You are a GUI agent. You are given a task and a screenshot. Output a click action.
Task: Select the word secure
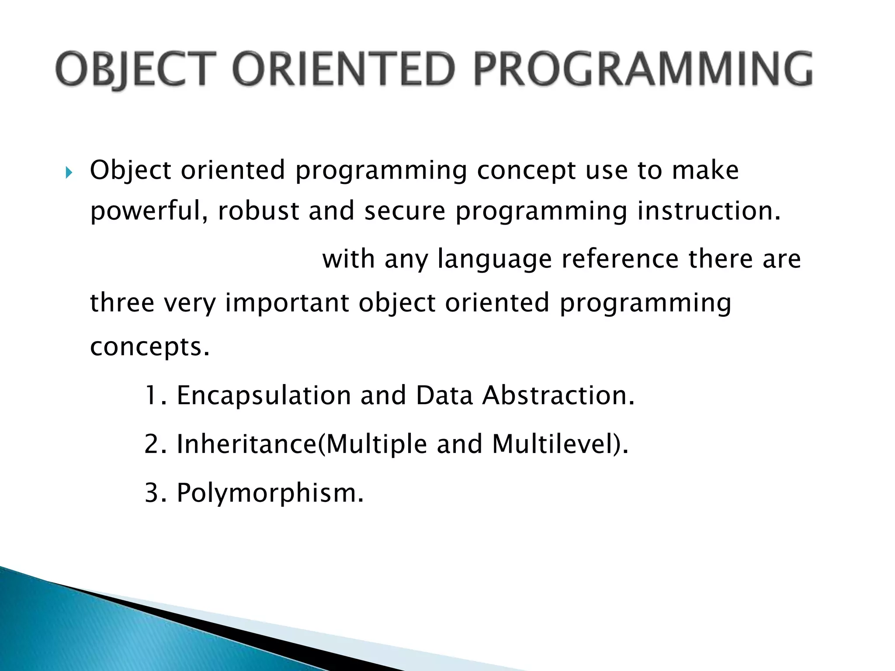coord(405,211)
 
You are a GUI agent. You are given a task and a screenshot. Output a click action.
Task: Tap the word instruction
coord(708,211)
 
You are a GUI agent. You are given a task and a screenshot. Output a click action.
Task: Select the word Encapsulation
coord(264,395)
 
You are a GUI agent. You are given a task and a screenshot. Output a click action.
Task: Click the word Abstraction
coord(558,395)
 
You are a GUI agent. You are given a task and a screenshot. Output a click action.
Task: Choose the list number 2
coord(151,444)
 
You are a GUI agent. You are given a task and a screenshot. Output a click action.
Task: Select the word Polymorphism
coord(270,493)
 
